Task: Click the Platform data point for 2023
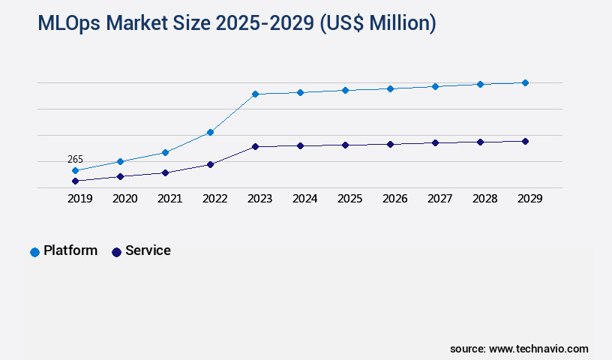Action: pyautogui.click(x=255, y=94)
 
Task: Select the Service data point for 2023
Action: pyautogui.click(x=255, y=146)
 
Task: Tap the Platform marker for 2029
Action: pyautogui.click(x=525, y=82)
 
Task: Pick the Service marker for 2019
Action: pyautogui.click(x=75, y=181)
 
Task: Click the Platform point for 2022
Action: pyautogui.click(x=210, y=132)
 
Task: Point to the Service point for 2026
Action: pyautogui.click(x=390, y=144)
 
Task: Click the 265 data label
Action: pyautogui.click(x=75, y=159)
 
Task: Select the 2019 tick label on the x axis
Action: pyautogui.click(x=80, y=199)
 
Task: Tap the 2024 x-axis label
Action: pyautogui.click(x=305, y=199)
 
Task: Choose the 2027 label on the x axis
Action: pyautogui.click(x=440, y=199)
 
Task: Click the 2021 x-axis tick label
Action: pyautogui.click(x=170, y=199)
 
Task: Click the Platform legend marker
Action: pyautogui.click(x=34, y=252)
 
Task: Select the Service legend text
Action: pyautogui.click(x=148, y=250)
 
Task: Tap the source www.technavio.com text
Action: pyautogui.click(x=519, y=349)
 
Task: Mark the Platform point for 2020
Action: pyautogui.click(x=120, y=161)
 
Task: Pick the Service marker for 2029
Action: pyautogui.click(x=525, y=141)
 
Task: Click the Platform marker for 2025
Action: pyautogui.click(x=345, y=90)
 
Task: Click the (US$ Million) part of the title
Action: pyautogui.click(x=377, y=24)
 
